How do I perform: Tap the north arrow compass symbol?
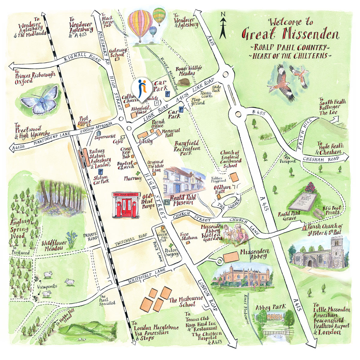(x=223, y=27)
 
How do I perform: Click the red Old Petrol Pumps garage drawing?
(x=124, y=206)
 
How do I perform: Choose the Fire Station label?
(x=189, y=236)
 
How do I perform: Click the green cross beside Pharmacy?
(x=138, y=173)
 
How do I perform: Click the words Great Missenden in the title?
(x=290, y=34)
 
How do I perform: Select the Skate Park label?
(x=216, y=88)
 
